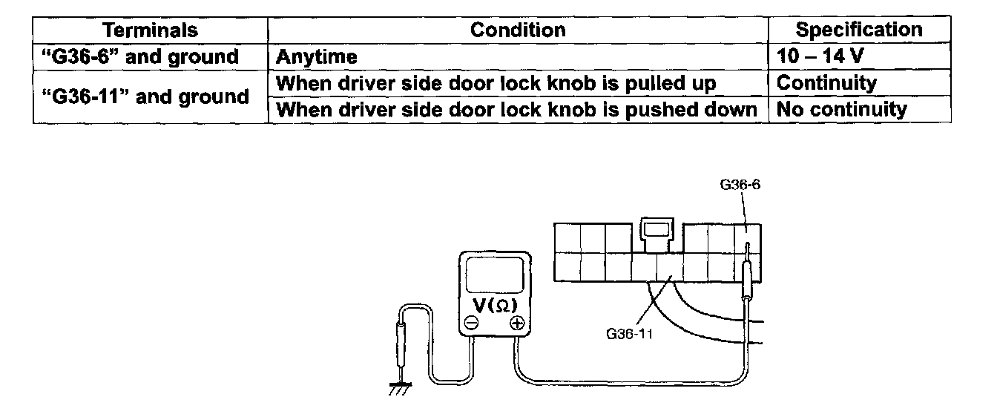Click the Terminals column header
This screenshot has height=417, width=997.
point(150,30)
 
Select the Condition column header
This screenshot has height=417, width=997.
point(518,30)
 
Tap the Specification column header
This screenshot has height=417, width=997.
point(859,30)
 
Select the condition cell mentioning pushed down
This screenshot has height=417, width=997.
point(517,110)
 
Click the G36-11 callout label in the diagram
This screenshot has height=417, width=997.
point(629,333)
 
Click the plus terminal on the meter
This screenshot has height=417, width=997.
point(517,323)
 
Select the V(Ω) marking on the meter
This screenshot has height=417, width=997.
point(493,305)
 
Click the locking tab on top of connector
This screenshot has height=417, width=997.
point(656,229)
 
